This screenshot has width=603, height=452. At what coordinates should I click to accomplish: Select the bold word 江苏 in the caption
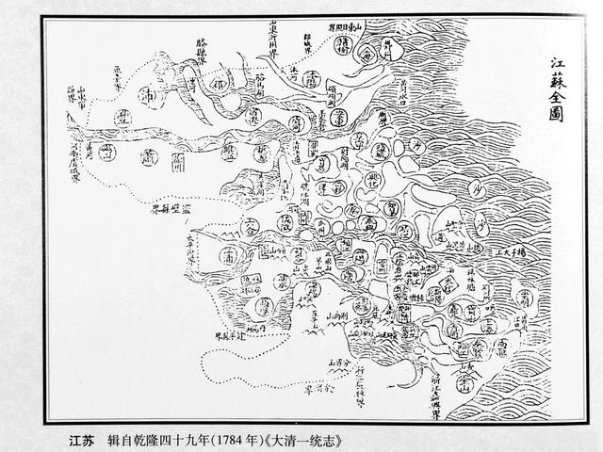click(82, 439)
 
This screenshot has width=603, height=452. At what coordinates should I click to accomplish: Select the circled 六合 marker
click(251, 226)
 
